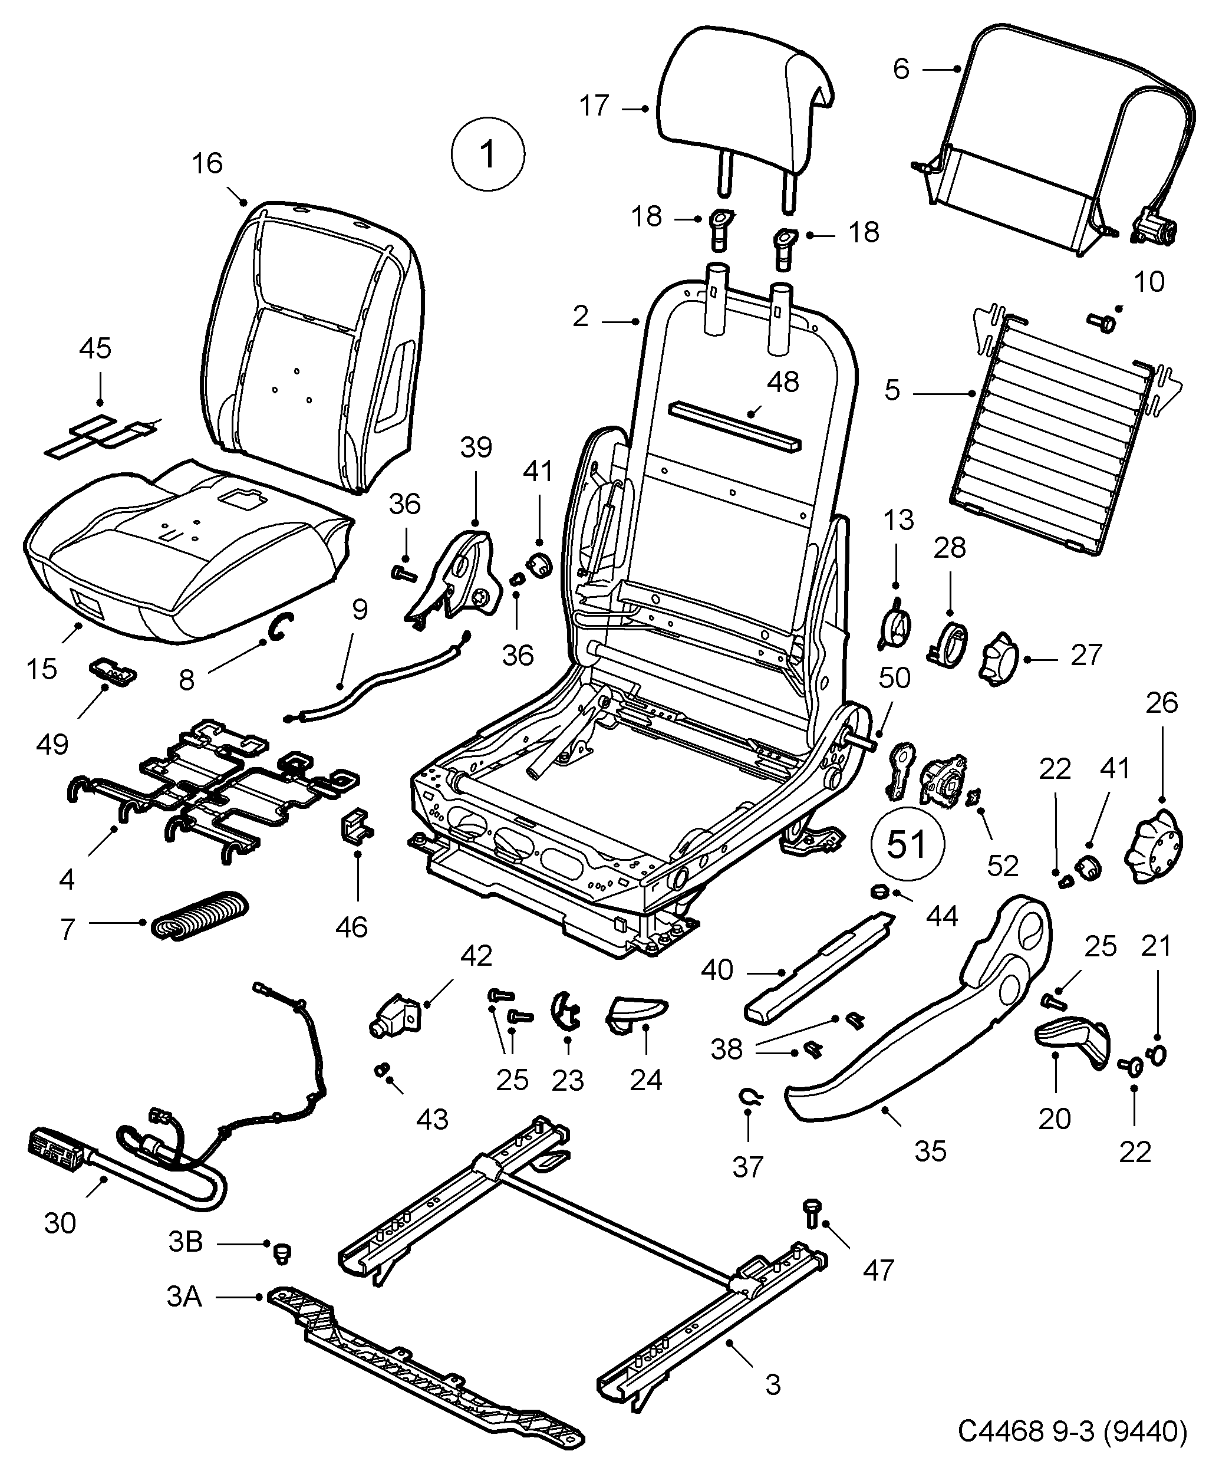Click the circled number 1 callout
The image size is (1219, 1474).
(x=487, y=154)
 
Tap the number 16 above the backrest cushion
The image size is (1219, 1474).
(x=207, y=163)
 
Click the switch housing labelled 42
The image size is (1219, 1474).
(x=393, y=1018)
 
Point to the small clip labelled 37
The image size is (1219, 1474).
(x=750, y=1097)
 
